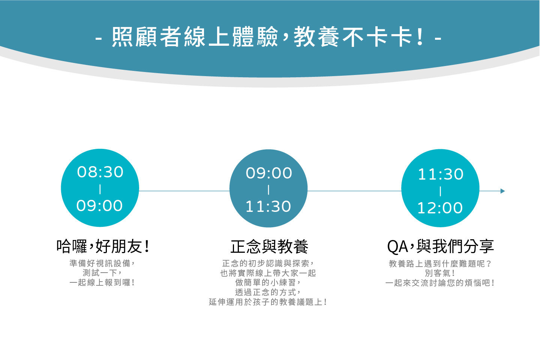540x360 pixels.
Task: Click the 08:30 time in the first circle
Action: pyautogui.click(x=100, y=172)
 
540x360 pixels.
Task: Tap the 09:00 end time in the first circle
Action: pyautogui.click(x=100, y=205)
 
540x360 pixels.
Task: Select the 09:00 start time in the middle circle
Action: pyautogui.click(x=269, y=173)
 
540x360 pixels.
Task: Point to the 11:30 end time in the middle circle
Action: pyautogui.click(x=268, y=206)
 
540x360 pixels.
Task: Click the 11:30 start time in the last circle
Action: pyautogui.click(x=440, y=174)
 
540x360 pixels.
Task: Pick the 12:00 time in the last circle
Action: pyautogui.click(x=440, y=208)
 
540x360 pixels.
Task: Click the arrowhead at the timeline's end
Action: pyautogui.click(x=502, y=191)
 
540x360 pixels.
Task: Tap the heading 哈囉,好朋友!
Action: pyautogui.click(x=103, y=246)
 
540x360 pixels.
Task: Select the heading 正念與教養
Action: pyautogui.click(x=269, y=247)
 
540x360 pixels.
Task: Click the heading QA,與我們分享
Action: pyautogui.click(x=440, y=247)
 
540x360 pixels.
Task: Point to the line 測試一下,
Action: pyautogui.click(x=102, y=273)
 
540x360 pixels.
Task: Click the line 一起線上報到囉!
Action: pyautogui.click(x=102, y=283)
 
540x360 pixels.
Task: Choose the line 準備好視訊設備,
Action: pyautogui.click(x=102, y=263)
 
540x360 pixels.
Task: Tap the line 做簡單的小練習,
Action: pyautogui.click(x=268, y=282)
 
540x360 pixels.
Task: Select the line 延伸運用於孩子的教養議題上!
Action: pyautogui.click(x=268, y=302)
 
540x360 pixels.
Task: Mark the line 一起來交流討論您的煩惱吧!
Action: pyautogui.click(x=440, y=283)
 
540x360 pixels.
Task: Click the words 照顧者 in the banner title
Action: pyautogui.click(x=147, y=37)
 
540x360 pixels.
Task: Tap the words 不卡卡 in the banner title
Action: pyautogui.click(x=377, y=37)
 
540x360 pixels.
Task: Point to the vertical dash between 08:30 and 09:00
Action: pyautogui.click(x=100, y=189)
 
